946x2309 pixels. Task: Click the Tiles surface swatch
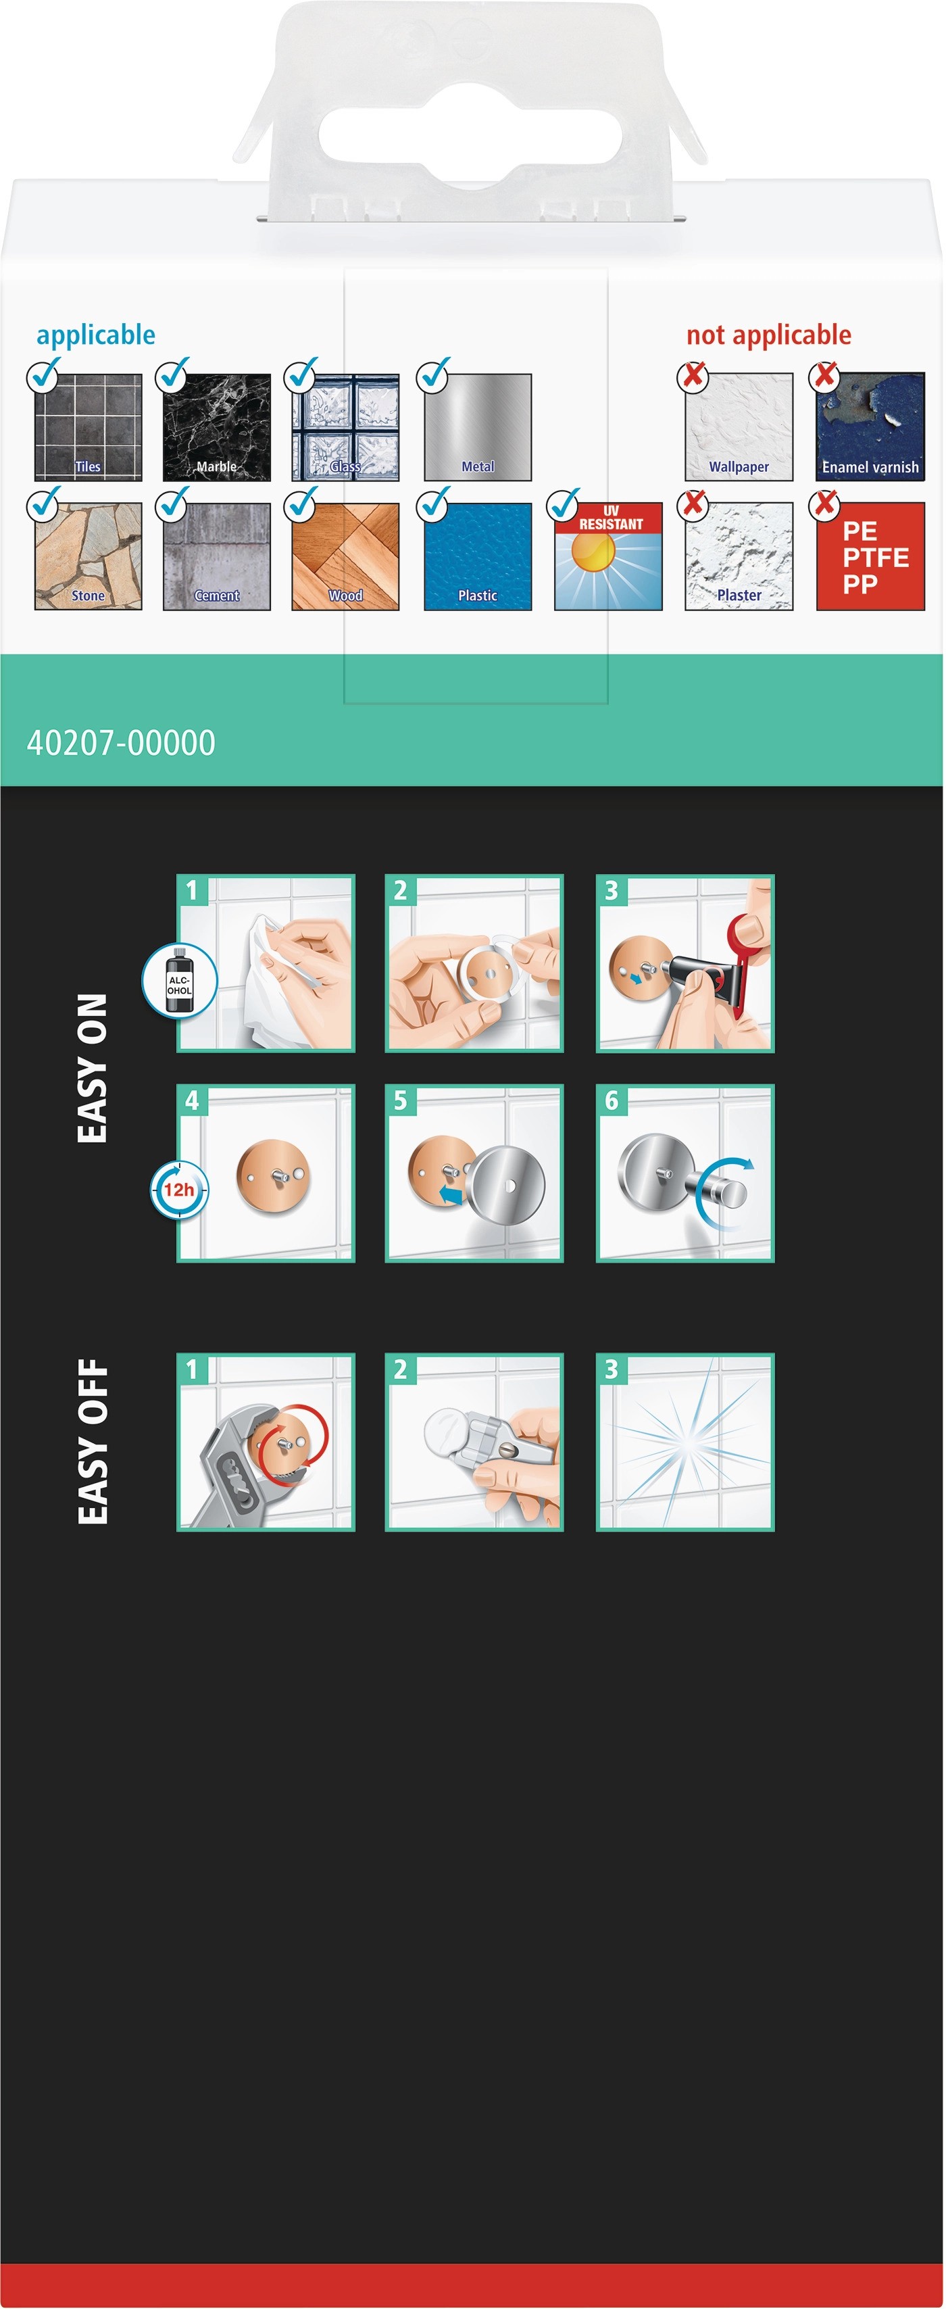coord(88,428)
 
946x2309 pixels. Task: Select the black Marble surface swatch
coord(217,428)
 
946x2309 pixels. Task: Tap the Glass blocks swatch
coord(346,428)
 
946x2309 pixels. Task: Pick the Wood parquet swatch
coord(346,557)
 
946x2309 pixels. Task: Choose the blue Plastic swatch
coord(478,557)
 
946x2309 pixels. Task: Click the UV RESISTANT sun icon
coord(608,557)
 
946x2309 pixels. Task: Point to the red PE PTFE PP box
coord(871,557)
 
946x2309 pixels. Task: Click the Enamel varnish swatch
coord(871,428)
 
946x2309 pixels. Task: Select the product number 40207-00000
coord(121,743)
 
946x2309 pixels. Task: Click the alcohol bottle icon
coord(179,981)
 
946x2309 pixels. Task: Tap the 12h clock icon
coord(179,1190)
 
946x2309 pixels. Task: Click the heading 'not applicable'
coord(769,335)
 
